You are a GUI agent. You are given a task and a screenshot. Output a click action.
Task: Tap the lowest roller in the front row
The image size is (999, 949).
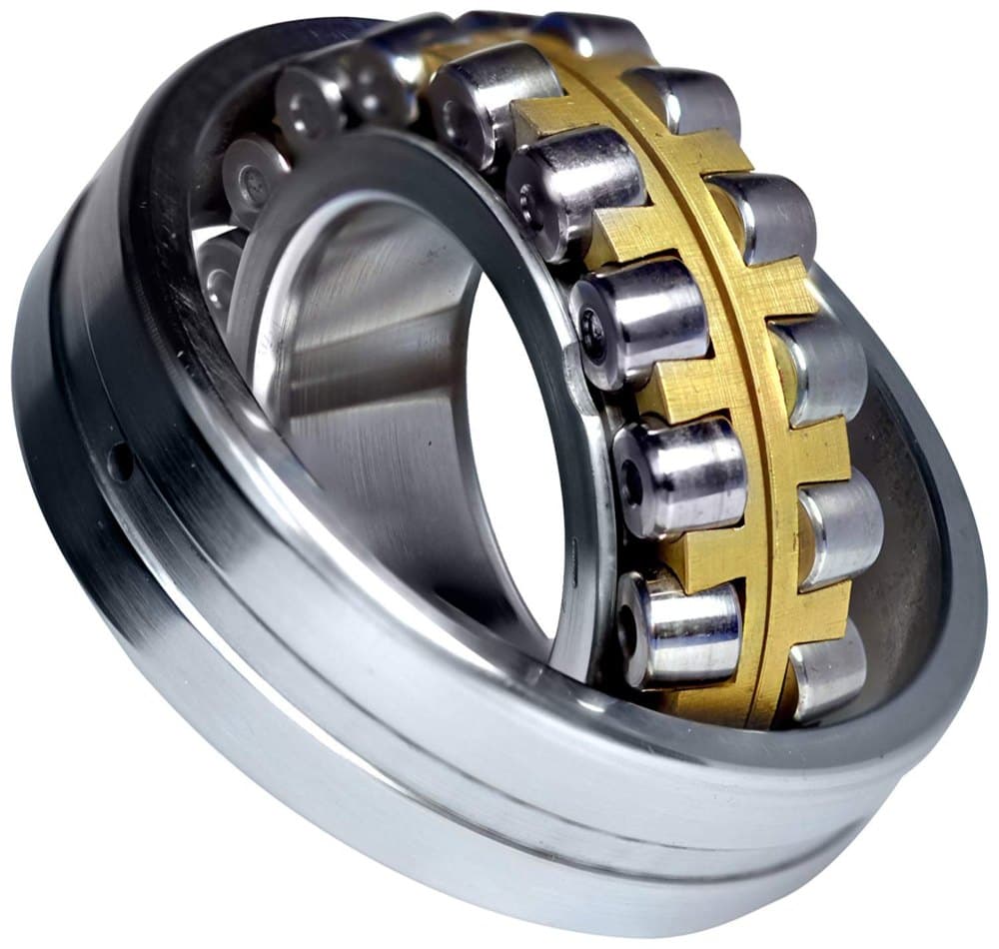pos(679,629)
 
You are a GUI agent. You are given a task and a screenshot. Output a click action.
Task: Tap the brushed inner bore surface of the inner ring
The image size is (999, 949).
pos(370,400)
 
